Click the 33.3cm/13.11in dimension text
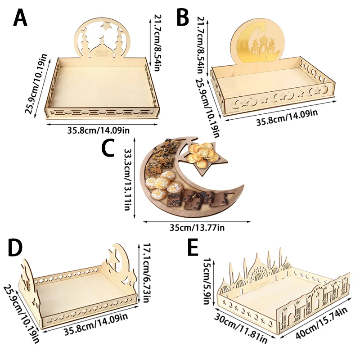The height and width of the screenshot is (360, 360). [x=128, y=180]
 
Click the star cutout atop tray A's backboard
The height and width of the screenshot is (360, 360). [x=107, y=26]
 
